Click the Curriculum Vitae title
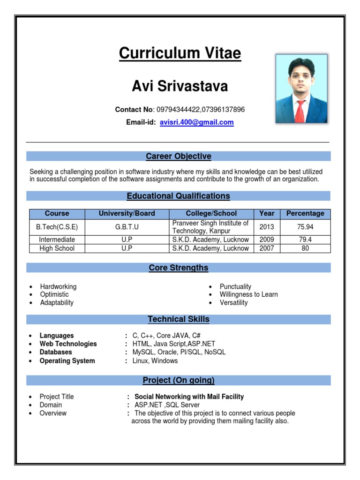point(180,53)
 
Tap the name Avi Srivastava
point(180,86)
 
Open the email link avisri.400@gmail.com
point(196,122)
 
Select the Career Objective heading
point(178,156)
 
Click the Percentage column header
point(305,213)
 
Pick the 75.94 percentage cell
point(305,227)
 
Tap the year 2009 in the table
point(267,240)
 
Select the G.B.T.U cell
point(127,227)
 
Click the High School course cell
point(57,248)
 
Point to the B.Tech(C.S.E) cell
point(57,227)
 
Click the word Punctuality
point(235,286)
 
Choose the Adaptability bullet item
point(57,303)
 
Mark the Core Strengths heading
point(178,268)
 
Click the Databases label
point(56,352)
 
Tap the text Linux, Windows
point(155,361)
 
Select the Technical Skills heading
point(178,319)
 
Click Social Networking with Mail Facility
point(189,397)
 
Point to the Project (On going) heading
point(178,380)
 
